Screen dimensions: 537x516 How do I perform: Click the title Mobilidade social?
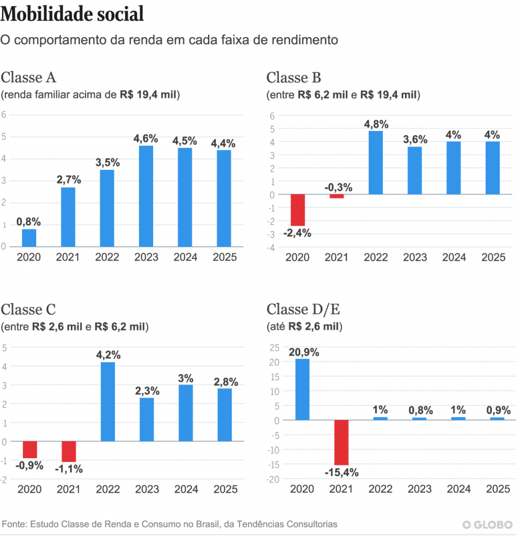pyautogui.click(x=72, y=14)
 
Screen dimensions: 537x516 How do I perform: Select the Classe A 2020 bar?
pyautogui.click(x=29, y=238)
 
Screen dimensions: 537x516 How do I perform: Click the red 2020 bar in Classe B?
pyautogui.click(x=297, y=210)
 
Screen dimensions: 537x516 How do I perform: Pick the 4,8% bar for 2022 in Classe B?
pyautogui.click(x=375, y=163)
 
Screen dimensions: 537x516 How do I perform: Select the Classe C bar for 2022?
pyautogui.click(x=107, y=402)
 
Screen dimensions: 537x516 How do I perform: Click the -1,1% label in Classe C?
pyautogui.click(x=69, y=469)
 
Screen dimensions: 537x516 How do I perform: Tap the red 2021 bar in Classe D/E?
pyautogui.click(x=341, y=442)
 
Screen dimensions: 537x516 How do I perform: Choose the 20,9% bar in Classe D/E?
pyautogui.click(x=302, y=389)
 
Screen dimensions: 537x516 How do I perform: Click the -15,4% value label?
pyautogui.click(x=341, y=472)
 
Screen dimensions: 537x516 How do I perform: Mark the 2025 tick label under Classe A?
pyautogui.click(x=225, y=257)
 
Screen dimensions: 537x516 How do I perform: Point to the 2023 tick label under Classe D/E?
pyautogui.click(x=420, y=489)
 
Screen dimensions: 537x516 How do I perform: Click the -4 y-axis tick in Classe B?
pyautogui.click(x=271, y=248)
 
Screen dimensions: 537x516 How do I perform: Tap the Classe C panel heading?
pyautogui.click(x=28, y=309)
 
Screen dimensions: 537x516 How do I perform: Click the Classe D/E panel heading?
pyautogui.click(x=303, y=309)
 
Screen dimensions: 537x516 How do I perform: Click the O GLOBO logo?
pyautogui.click(x=487, y=524)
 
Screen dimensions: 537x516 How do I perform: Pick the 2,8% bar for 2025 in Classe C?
pyautogui.click(x=225, y=415)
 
